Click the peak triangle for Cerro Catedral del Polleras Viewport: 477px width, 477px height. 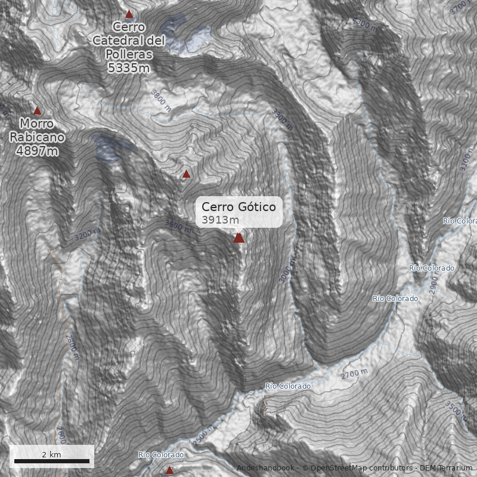[x=129, y=14]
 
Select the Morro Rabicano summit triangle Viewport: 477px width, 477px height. [x=37, y=110]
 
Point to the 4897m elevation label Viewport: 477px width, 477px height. [x=37, y=150]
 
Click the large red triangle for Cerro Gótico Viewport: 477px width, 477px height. [x=239, y=238]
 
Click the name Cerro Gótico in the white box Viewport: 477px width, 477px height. [x=238, y=207]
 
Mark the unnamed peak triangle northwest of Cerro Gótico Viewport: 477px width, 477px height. [x=186, y=174]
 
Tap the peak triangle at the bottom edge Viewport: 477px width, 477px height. [x=169, y=470]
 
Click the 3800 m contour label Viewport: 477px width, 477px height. [x=161, y=100]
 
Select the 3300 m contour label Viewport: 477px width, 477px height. [x=282, y=119]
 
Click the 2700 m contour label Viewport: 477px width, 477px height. [x=354, y=374]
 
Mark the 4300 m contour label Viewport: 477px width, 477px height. [x=365, y=24]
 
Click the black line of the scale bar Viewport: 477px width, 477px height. [x=51, y=461]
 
